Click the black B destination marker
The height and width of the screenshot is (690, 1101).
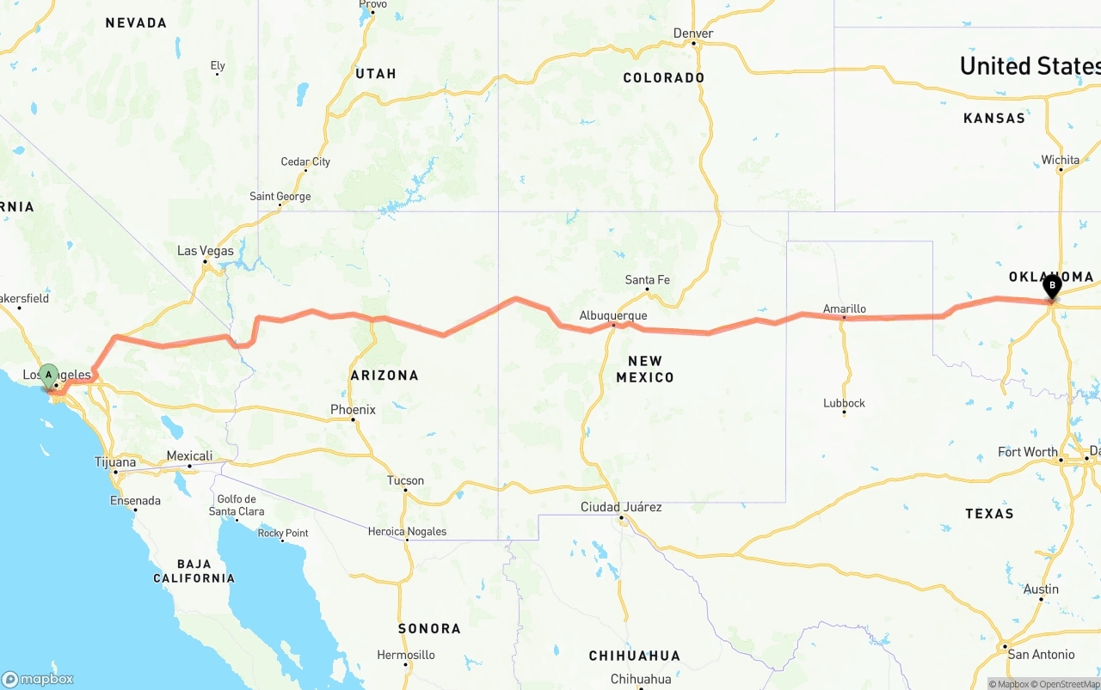[x=1051, y=286]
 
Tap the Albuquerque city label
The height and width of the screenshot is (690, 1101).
[x=612, y=315]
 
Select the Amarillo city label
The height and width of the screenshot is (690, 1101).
[x=844, y=308]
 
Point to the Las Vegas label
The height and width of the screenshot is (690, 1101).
[x=205, y=251]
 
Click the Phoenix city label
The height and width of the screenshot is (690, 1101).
[x=354, y=410]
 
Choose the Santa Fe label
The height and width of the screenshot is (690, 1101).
[x=647, y=279]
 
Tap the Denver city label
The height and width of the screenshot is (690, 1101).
[x=693, y=34]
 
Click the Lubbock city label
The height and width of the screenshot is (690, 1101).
[x=844, y=403]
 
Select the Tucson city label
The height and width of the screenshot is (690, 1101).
[x=405, y=480]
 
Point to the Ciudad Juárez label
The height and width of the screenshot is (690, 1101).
[x=621, y=507]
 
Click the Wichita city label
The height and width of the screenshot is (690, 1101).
[x=1060, y=160]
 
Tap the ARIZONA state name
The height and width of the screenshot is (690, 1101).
[x=384, y=376]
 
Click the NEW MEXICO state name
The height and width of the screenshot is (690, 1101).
[x=645, y=369]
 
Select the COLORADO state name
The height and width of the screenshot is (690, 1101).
[x=663, y=78]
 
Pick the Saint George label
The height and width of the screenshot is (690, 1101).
[x=280, y=197]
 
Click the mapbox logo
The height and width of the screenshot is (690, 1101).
[x=38, y=679]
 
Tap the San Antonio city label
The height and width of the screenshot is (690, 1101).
[x=1041, y=654]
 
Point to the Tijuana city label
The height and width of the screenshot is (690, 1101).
[x=115, y=462]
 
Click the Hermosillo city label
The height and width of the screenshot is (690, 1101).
[x=405, y=655]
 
